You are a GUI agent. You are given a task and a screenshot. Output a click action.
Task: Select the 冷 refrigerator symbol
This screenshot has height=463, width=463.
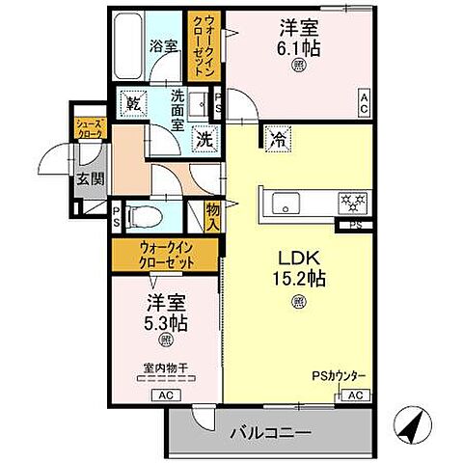[x=276, y=138]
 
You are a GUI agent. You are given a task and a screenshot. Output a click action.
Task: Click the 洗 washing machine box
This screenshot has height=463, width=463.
[x=204, y=138]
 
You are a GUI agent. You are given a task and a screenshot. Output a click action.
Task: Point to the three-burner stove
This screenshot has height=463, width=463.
[x=348, y=203]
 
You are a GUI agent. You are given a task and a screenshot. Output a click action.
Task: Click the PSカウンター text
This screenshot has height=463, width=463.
[x=337, y=376]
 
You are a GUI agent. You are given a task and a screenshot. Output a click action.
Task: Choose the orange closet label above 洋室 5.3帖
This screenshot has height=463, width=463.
[x=166, y=257]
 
